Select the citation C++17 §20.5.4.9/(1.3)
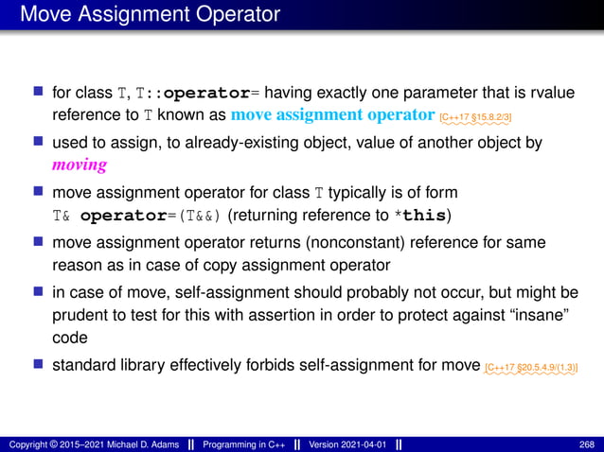tap(530, 365)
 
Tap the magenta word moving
tap(79, 165)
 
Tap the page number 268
tap(586, 443)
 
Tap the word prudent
tap(80, 312)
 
